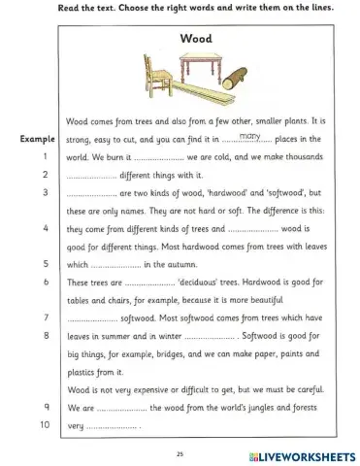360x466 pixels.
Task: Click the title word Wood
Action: click(x=197, y=38)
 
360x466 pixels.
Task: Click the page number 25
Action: click(x=180, y=453)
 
